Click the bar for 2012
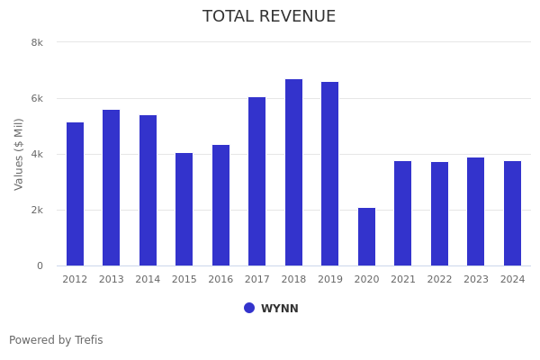click(x=75, y=193)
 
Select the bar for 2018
click(x=293, y=172)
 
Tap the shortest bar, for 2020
click(x=366, y=237)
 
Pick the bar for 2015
click(x=184, y=209)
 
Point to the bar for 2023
click(x=475, y=211)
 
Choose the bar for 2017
click(x=257, y=181)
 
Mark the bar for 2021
click(x=402, y=213)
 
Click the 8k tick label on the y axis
click(x=37, y=42)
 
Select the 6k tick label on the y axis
click(x=37, y=98)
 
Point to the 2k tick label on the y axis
click(x=37, y=210)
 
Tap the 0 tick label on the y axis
click(x=40, y=265)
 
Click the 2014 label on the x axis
click(x=148, y=280)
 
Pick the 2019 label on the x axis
click(x=330, y=280)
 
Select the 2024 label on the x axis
click(x=512, y=280)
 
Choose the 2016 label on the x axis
click(x=220, y=280)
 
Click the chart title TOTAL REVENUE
click(x=269, y=17)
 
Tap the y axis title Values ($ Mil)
click(x=19, y=154)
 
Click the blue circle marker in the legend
click(x=249, y=308)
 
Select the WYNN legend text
click(x=280, y=309)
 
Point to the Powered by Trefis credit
click(x=56, y=340)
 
